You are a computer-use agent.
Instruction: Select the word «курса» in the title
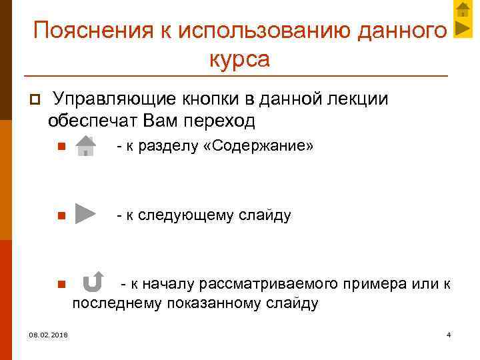coord(239,59)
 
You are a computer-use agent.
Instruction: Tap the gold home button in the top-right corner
coord(463,9)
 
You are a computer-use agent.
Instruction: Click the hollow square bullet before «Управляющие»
coord(31,100)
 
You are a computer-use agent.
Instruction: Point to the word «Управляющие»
coord(113,99)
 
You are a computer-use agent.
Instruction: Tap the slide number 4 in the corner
coord(449,334)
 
